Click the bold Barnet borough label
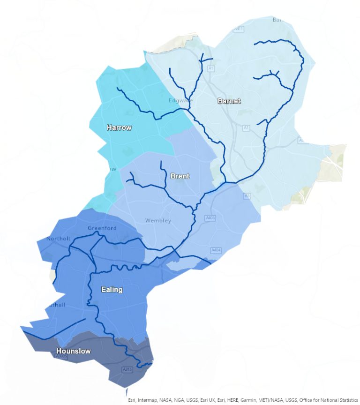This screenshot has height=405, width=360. pyautogui.click(x=229, y=101)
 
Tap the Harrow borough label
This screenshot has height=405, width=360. pyautogui.click(x=119, y=127)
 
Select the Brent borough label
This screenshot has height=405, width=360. pyautogui.click(x=180, y=176)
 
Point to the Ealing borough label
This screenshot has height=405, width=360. pyautogui.click(x=112, y=290)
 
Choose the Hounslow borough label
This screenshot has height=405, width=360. pyautogui.click(x=74, y=351)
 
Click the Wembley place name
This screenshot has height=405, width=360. pyautogui.click(x=158, y=220)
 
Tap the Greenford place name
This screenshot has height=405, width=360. pyautogui.click(x=102, y=228)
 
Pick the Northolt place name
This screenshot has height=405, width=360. pyautogui.click(x=59, y=239)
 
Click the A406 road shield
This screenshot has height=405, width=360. pyautogui.click(x=211, y=218)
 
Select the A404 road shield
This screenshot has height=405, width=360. pyautogui.click(x=216, y=250)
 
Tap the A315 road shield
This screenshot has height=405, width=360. pyautogui.click(x=127, y=370)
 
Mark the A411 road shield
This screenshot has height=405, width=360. pyautogui.click(x=239, y=29)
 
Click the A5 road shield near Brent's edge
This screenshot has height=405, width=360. pyautogui.click(x=247, y=196)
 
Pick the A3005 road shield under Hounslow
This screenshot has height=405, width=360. pyautogui.click(x=61, y=357)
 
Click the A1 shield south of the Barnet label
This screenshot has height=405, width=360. pyautogui.click(x=246, y=127)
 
